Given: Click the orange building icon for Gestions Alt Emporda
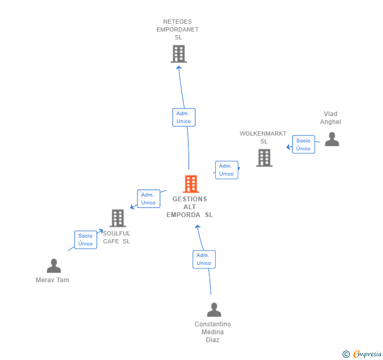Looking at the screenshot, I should [x=190, y=184].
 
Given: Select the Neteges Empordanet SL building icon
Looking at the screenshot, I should [x=178, y=54].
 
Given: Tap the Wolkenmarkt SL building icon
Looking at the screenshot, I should [x=264, y=158].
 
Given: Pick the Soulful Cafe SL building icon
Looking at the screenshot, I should [x=117, y=218].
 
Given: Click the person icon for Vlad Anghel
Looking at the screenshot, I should [x=331, y=139].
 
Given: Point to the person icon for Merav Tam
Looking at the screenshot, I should [x=54, y=266].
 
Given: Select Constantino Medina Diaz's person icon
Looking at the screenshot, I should [x=213, y=310].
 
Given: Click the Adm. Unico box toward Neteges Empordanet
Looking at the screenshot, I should [x=184, y=117].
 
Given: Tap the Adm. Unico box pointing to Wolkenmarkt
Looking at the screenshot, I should [x=226, y=170].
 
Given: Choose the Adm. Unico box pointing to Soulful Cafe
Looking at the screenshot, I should [x=148, y=199].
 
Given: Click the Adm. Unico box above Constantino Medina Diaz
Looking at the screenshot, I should [x=204, y=259].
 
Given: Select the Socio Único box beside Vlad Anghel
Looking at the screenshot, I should [x=303, y=145].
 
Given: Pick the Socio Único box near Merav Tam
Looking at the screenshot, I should [x=85, y=240].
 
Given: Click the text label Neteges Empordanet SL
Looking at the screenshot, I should [x=177, y=29].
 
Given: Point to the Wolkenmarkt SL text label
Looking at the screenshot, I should [x=264, y=137].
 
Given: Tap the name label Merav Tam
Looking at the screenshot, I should [x=52, y=280].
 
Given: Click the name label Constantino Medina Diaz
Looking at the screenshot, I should [x=213, y=332].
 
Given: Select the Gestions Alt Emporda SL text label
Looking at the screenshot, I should [x=190, y=207].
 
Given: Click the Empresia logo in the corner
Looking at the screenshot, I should [x=362, y=354].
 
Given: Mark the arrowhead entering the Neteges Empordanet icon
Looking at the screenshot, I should [x=179, y=67].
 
